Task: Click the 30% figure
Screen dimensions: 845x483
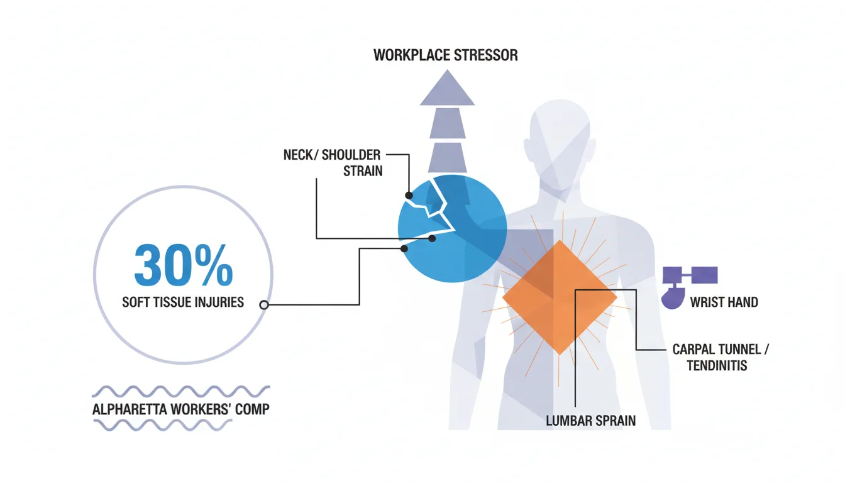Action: coord(184,265)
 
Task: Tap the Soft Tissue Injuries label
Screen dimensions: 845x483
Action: coord(183,303)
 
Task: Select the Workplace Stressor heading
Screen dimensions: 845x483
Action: coord(446,55)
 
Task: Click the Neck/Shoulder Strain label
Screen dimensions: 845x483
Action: coord(333,163)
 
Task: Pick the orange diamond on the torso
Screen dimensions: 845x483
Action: coord(560,297)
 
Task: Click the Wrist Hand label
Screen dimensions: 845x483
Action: coord(724,303)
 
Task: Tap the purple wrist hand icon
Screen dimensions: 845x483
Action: coord(689,287)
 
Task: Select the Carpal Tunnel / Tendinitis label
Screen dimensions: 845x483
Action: coord(720,357)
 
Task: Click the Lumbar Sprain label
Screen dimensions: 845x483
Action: coord(591,421)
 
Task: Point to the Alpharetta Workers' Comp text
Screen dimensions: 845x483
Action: coord(181,409)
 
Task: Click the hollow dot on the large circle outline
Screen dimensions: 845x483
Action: coord(264,305)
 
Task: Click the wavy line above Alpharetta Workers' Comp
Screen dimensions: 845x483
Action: coord(181,391)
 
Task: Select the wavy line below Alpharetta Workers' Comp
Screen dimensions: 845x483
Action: coord(163,425)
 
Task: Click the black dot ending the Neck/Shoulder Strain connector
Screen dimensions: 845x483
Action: coord(409,196)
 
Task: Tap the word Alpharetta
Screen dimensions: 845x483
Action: coord(130,409)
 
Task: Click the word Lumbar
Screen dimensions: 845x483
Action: coord(568,421)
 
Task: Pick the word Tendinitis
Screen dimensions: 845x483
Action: coord(717,365)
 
